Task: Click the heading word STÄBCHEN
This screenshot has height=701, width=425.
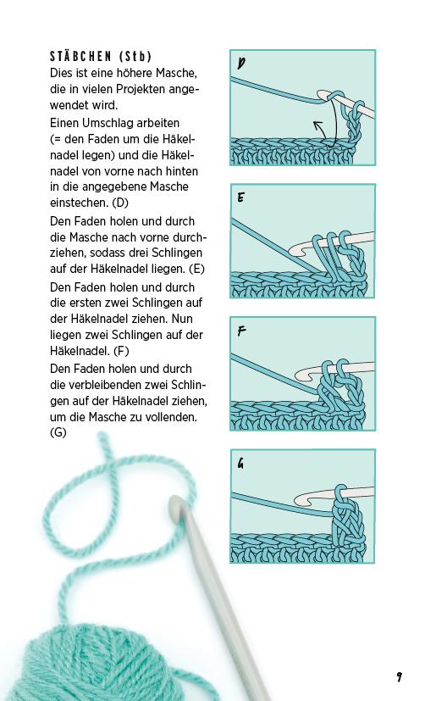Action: (81, 57)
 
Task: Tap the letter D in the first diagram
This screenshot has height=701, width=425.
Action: (242, 64)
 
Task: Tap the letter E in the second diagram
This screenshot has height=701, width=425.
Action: (242, 198)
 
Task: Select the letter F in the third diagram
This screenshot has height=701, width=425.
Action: (242, 331)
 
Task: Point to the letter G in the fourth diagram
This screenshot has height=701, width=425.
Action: (242, 464)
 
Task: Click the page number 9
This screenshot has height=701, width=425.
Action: (398, 676)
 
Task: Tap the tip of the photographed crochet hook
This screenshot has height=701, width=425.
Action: (175, 506)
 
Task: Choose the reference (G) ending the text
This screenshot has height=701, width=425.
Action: (58, 433)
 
